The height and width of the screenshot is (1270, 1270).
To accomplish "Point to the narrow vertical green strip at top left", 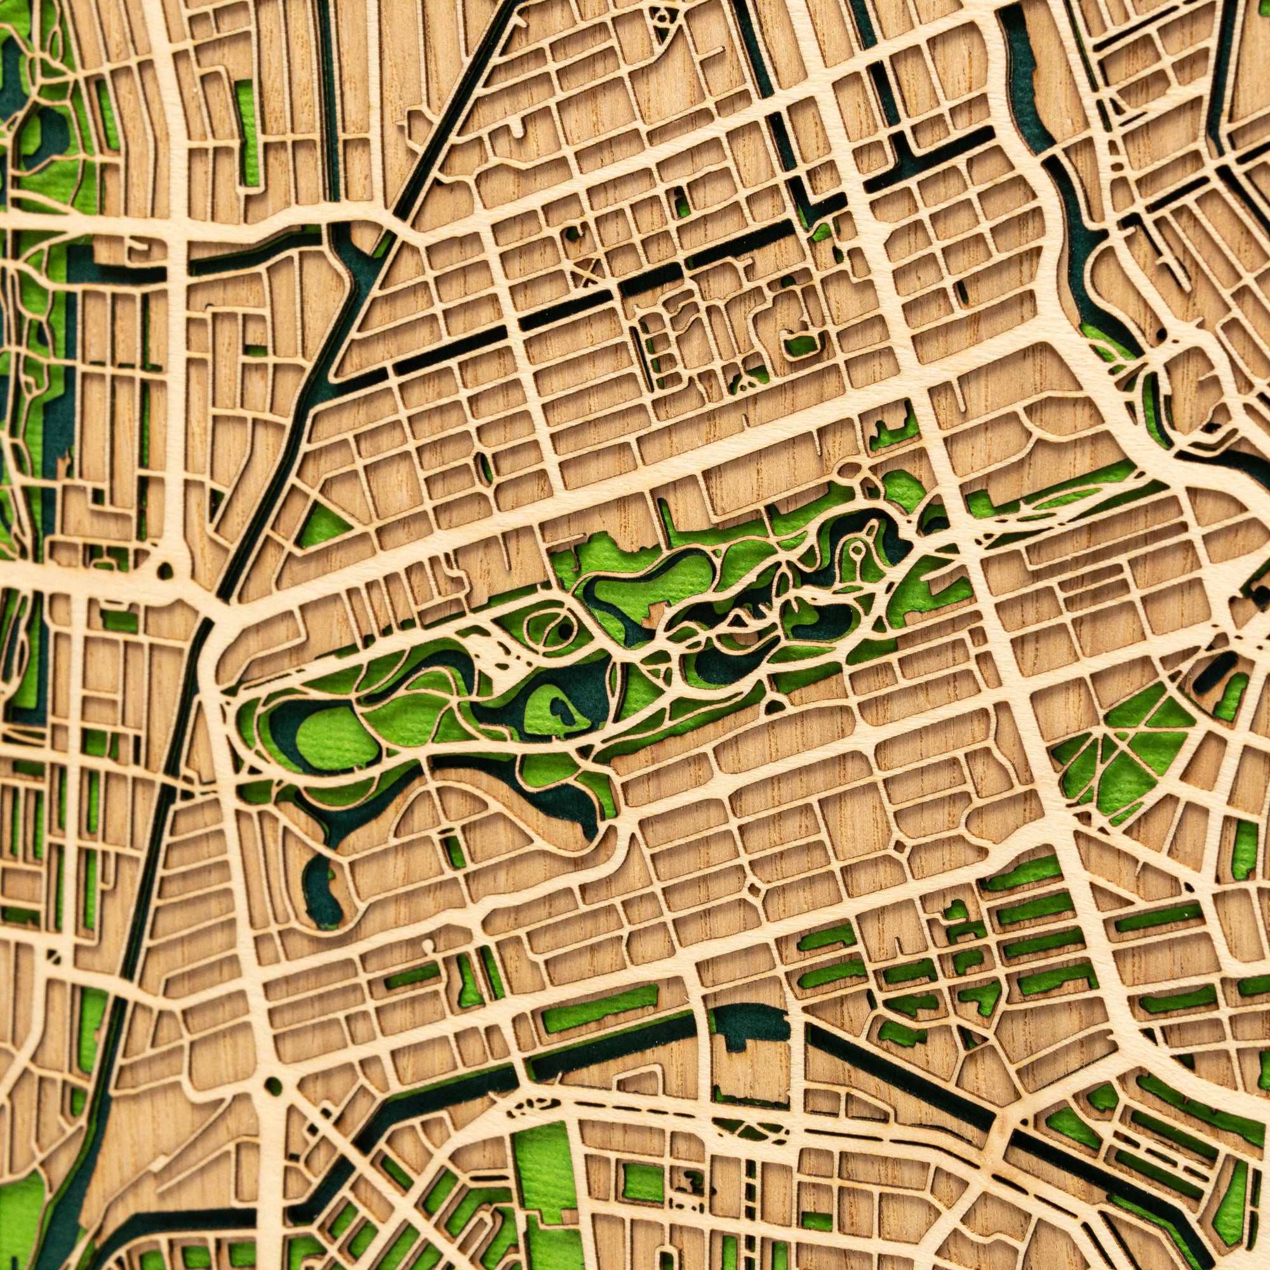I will coord(247,131).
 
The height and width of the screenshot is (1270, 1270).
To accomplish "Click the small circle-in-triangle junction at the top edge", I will coord(660,18).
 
